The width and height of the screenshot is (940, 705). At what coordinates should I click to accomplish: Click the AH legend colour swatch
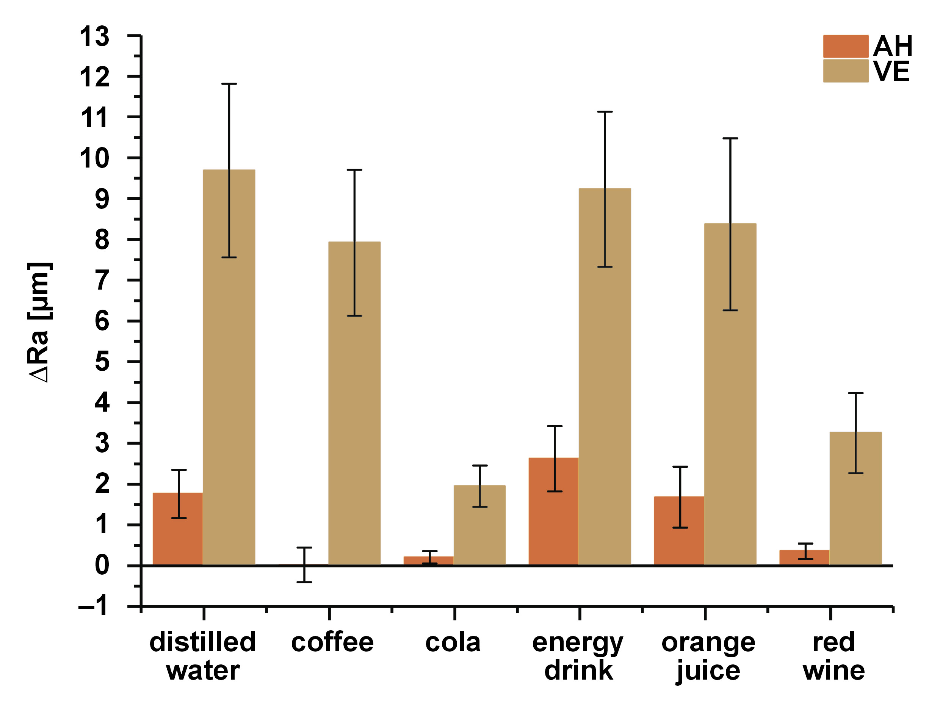[x=845, y=46]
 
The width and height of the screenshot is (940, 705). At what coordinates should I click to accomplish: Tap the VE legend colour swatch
[x=845, y=70]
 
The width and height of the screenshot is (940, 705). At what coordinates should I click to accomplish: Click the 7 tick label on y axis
[x=102, y=280]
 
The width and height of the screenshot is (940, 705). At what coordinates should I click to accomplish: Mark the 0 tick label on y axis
[x=102, y=565]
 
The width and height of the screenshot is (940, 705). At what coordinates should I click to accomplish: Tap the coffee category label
[x=332, y=642]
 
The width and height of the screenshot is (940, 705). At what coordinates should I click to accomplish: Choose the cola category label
[x=453, y=642]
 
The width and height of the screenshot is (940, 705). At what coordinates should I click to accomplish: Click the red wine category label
[x=833, y=656]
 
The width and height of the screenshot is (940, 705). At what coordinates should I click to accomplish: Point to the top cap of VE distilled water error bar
[x=229, y=84]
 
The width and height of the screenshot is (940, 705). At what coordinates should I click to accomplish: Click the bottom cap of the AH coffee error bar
[x=304, y=582]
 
